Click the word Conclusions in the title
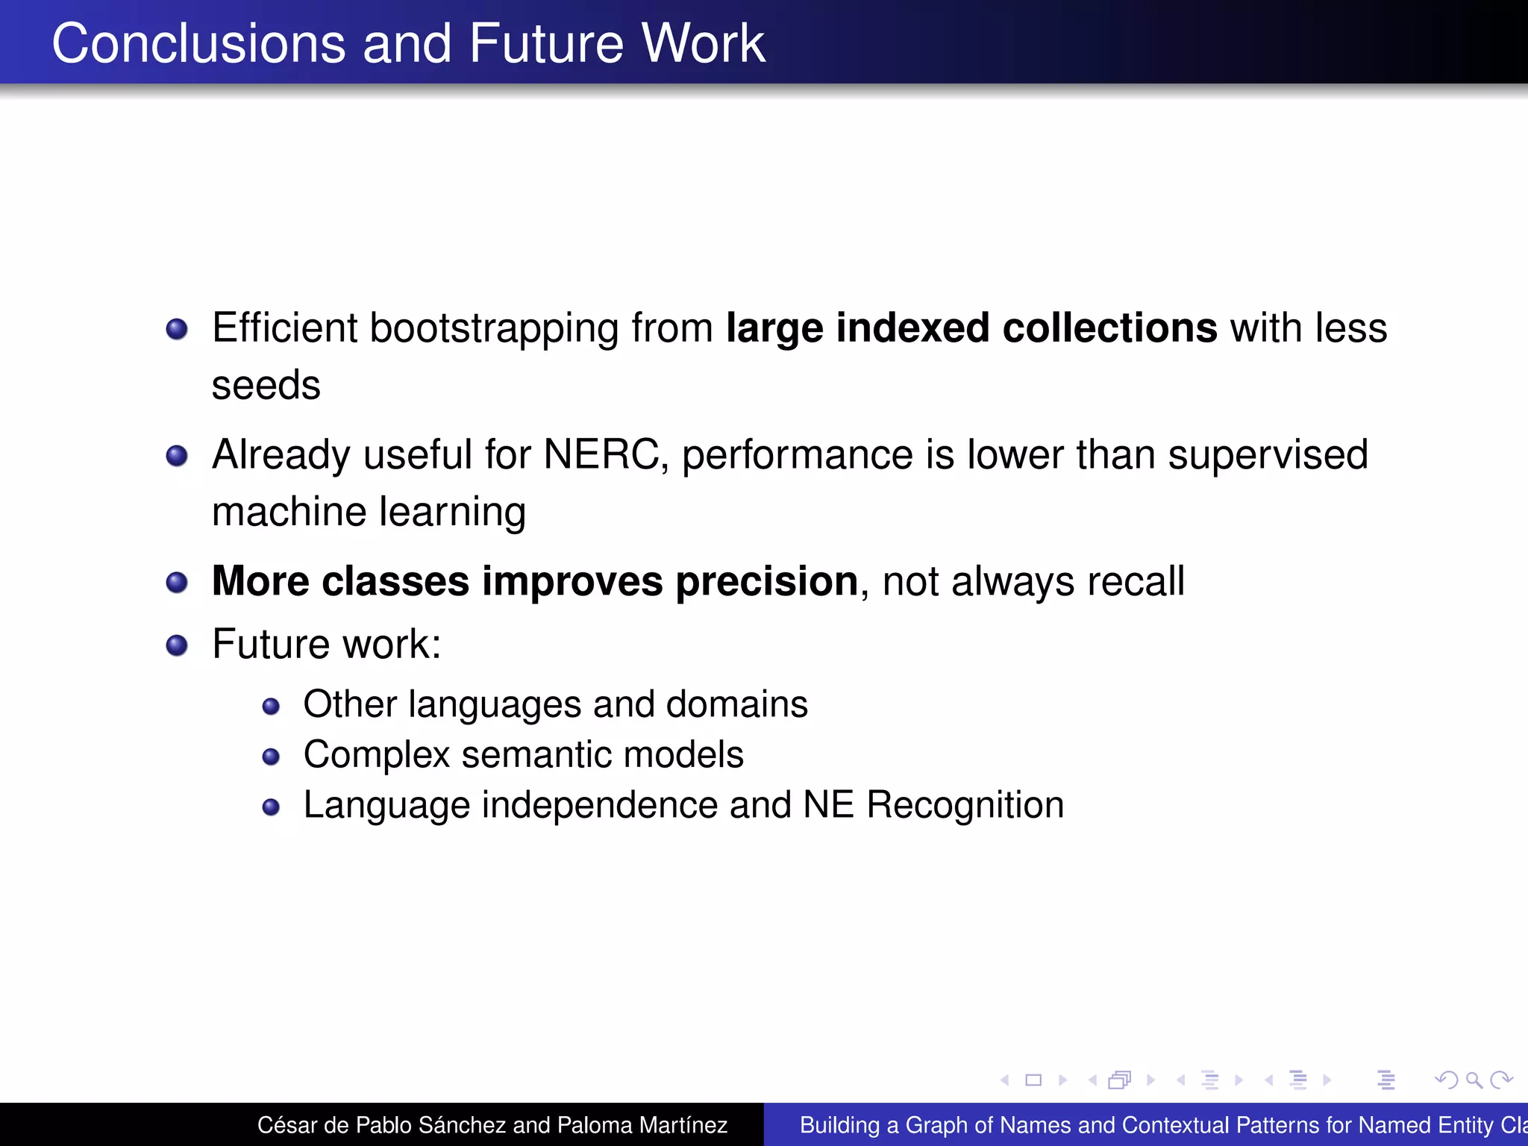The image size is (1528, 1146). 198,43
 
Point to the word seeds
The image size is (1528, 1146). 266,386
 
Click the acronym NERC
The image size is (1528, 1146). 601,454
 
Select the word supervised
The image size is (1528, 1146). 1268,454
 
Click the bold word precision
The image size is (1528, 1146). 767,581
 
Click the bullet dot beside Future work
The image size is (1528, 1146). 177,645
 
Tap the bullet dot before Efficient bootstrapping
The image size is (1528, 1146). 177,329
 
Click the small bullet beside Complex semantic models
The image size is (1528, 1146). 271,757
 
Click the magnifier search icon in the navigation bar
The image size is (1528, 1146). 1474,1080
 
